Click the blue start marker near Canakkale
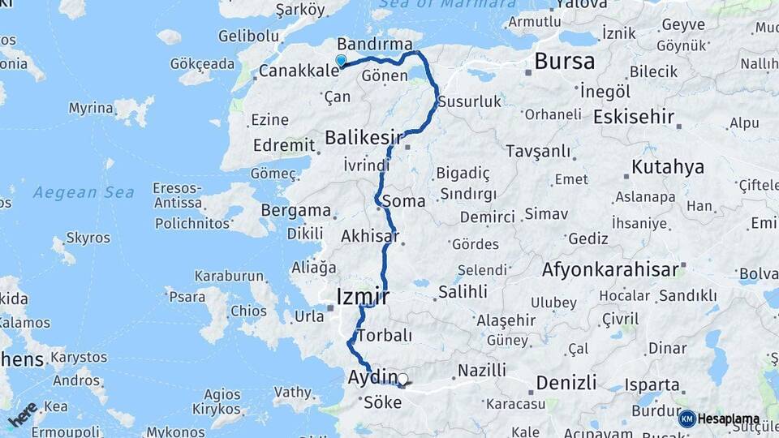coord(341,60)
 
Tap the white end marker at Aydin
coord(402,379)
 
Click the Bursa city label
coord(564,61)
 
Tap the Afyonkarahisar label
coord(610,269)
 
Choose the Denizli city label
coord(566,382)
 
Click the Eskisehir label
coord(634,117)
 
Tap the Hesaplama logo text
coord(730,419)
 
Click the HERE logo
coord(22,414)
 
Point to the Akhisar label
coord(370,237)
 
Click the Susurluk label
coord(470,101)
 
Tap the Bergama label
coord(295,211)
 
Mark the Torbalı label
coord(385,335)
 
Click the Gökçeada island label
coord(202,63)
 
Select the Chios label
coord(248,311)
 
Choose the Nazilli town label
coord(482,370)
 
